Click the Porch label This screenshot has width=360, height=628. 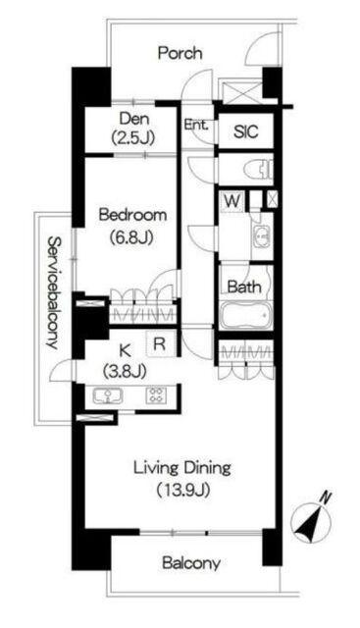180,53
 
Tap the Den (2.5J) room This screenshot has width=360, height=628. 131,129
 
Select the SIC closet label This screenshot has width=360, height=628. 246,131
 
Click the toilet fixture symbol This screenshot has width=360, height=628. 261,169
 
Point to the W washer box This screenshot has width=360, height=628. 231,201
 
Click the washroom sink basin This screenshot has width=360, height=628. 261,236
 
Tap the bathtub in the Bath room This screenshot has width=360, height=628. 245,316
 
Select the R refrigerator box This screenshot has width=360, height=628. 161,343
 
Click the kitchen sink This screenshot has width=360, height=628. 108,396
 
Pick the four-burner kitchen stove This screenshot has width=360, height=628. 156,395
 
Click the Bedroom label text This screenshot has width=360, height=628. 132,215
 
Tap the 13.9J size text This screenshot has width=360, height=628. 183,490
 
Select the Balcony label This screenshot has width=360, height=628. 191,563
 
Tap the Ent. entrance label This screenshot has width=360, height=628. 196,125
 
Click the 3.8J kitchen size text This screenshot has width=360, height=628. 125,372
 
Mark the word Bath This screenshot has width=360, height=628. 244,287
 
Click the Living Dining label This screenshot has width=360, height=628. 182,468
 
